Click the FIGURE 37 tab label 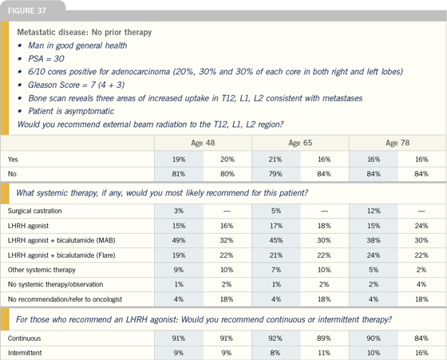[27, 11]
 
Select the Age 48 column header [203, 143]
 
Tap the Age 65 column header [300, 143]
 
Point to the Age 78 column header [398, 143]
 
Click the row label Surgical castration [35, 211]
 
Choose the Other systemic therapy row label [42, 270]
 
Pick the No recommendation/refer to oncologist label [65, 299]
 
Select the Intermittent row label [25, 353]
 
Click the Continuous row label [24, 338]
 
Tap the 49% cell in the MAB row [179, 240]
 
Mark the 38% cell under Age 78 [374, 240]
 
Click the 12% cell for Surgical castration [374, 211]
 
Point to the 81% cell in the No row [179, 174]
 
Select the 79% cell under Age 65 [275, 174]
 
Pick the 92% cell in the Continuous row [275, 338]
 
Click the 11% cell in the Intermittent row [324, 353]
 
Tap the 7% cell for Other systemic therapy [276, 270]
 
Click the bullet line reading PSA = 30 [46, 59]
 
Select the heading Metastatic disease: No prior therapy [85, 32]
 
